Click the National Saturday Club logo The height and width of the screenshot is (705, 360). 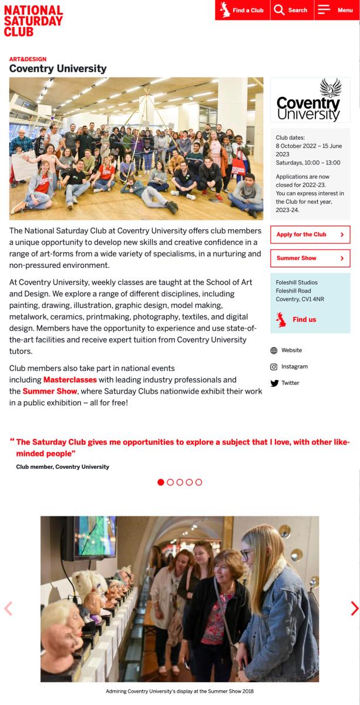coord(33,21)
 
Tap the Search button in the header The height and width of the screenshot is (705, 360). coord(291,10)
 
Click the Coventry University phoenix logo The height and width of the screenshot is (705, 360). coord(309,100)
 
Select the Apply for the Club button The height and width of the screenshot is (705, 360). coord(309,234)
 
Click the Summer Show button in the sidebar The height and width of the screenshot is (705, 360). coord(309,258)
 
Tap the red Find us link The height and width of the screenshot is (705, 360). coord(304,320)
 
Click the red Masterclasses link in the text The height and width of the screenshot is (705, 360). coord(70,380)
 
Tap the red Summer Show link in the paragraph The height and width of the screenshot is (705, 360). coord(50,391)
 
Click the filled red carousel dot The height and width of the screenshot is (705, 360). coord(161,482)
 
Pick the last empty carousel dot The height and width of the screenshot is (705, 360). coord(198,482)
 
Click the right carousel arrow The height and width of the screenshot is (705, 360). coord(354,609)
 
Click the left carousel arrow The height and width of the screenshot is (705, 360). coord(8,609)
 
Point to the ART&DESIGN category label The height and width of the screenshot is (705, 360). coord(28,59)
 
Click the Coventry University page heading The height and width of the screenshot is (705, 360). coord(58,69)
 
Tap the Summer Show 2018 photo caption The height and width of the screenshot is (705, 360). coord(180,691)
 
